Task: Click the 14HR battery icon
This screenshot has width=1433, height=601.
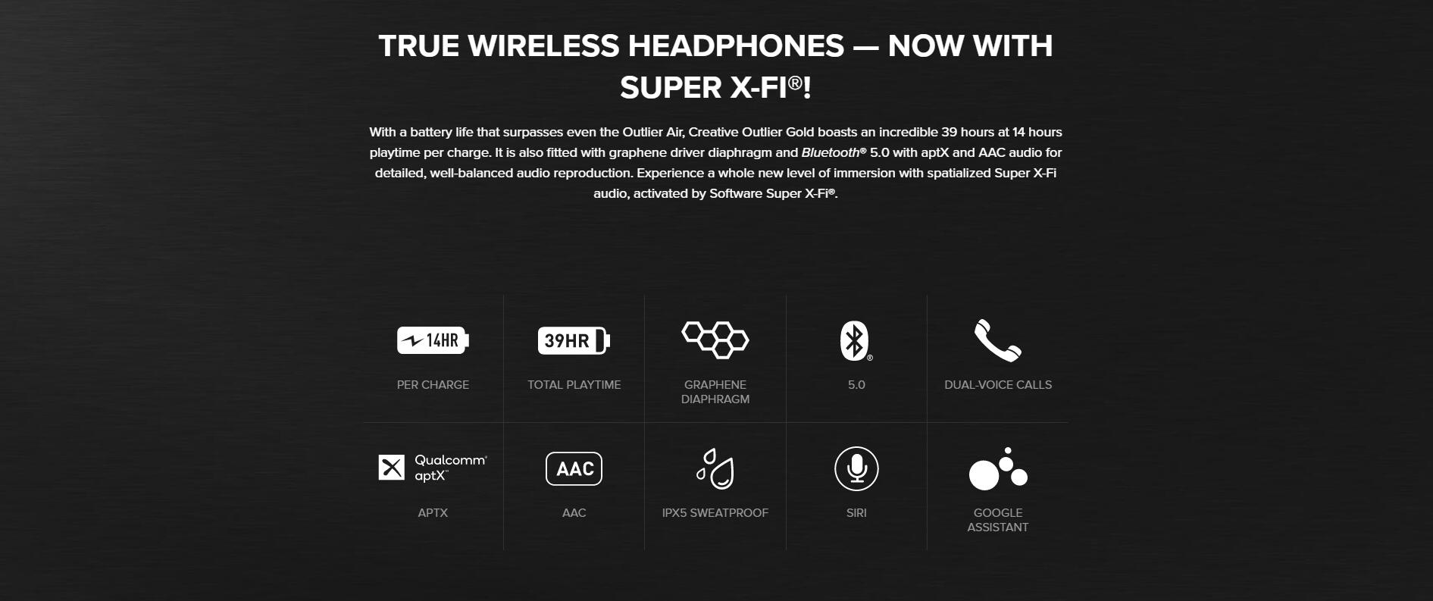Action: click(433, 340)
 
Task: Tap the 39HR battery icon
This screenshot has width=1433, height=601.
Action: click(574, 340)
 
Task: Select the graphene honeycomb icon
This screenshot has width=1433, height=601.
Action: click(715, 340)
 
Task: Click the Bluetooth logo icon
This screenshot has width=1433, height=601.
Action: click(856, 341)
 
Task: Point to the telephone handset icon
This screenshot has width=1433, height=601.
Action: click(997, 340)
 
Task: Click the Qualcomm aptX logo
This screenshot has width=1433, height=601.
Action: click(433, 468)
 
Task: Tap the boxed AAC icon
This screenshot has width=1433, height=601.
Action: click(574, 468)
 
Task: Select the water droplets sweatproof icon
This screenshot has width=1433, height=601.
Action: click(715, 468)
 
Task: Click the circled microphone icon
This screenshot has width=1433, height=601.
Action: click(856, 468)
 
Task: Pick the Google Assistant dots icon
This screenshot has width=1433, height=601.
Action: click(998, 468)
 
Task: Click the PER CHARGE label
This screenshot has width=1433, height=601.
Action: click(433, 385)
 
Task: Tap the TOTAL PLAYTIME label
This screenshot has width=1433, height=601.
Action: click(574, 385)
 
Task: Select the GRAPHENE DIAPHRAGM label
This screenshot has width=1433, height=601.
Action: click(715, 392)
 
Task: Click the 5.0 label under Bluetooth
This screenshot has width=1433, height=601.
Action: click(856, 385)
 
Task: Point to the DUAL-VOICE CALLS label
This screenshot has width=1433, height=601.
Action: click(998, 385)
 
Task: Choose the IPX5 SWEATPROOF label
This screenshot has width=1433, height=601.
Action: click(715, 513)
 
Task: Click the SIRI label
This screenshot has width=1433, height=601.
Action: click(856, 513)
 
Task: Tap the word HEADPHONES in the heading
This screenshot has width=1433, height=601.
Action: click(736, 46)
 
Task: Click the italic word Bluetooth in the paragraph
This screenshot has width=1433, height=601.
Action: click(831, 152)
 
